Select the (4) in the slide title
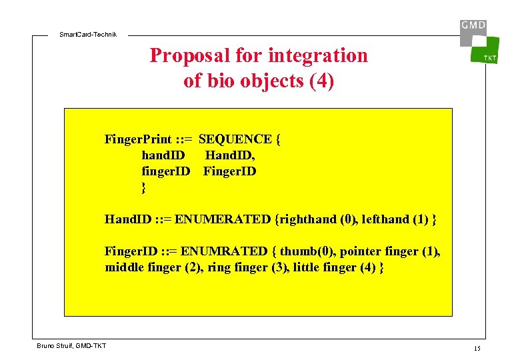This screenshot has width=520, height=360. (322, 81)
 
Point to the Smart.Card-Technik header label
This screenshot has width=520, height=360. (87, 34)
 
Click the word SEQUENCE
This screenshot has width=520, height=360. (235, 139)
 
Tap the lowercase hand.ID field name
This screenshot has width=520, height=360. (163, 155)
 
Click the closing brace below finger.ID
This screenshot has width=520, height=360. (143, 188)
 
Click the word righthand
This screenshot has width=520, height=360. (308, 219)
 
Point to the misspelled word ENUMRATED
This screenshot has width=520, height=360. (224, 251)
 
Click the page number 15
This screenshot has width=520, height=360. (477, 349)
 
